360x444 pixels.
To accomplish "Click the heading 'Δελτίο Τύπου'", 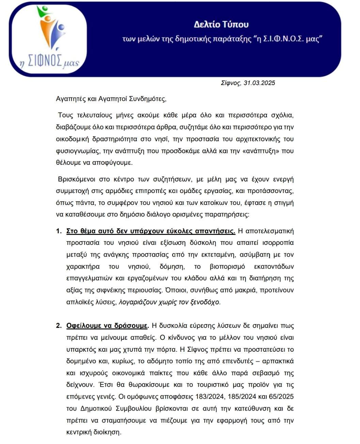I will tap(221, 25).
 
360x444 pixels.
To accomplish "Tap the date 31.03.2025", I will tap(259, 83).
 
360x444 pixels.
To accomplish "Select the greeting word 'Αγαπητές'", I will tap(71, 99).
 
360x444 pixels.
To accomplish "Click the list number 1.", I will tap(58, 231).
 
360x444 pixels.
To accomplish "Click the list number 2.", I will tap(58, 326).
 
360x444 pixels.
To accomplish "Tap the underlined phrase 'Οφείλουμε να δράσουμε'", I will tap(107, 326).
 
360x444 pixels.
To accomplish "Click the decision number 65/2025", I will tap(281, 397).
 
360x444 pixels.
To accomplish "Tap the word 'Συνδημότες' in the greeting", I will tap(147, 99).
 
